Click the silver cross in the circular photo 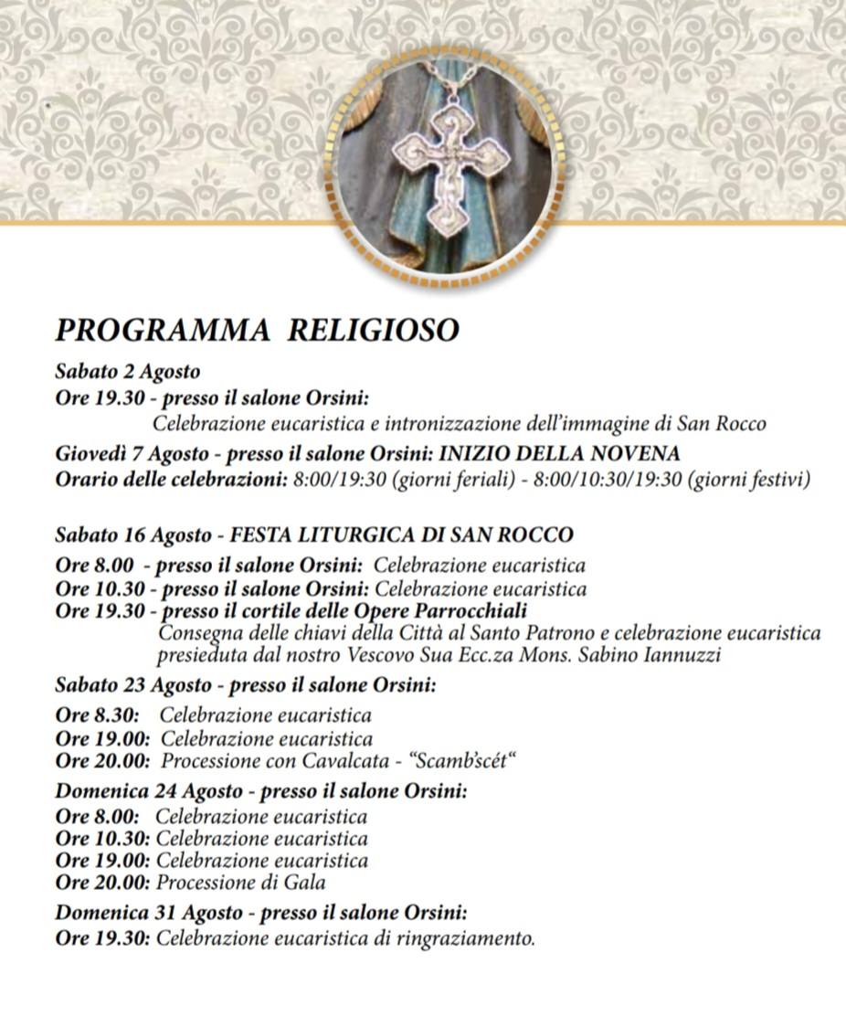tap(445, 161)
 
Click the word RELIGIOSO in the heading tap(373, 331)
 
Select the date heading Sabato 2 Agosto tap(127, 372)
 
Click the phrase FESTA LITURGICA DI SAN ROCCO tap(402, 534)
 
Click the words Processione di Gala tap(241, 883)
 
